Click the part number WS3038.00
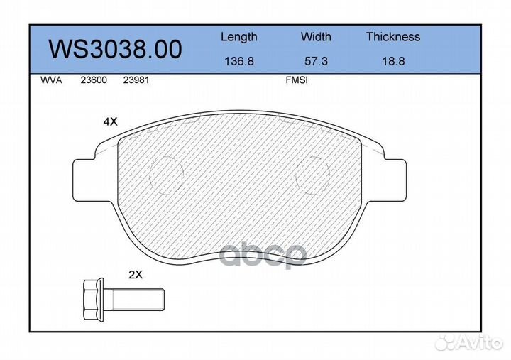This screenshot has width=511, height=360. [x=114, y=49]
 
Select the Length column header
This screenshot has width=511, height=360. [x=238, y=37]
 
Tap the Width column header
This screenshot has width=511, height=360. [x=316, y=37]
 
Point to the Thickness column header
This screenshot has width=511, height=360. [x=392, y=37]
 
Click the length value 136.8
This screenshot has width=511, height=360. [x=238, y=61]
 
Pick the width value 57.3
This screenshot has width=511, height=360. [x=316, y=61]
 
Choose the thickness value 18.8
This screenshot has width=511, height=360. [x=392, y=61]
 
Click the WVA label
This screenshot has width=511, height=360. [x=51, y=80]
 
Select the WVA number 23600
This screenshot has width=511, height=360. [x=93, y=80]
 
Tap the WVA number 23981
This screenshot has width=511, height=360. [x=136, y=80]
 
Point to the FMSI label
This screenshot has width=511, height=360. [x=296, y=80]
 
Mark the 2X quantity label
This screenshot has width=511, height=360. [x=136, y=273]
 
